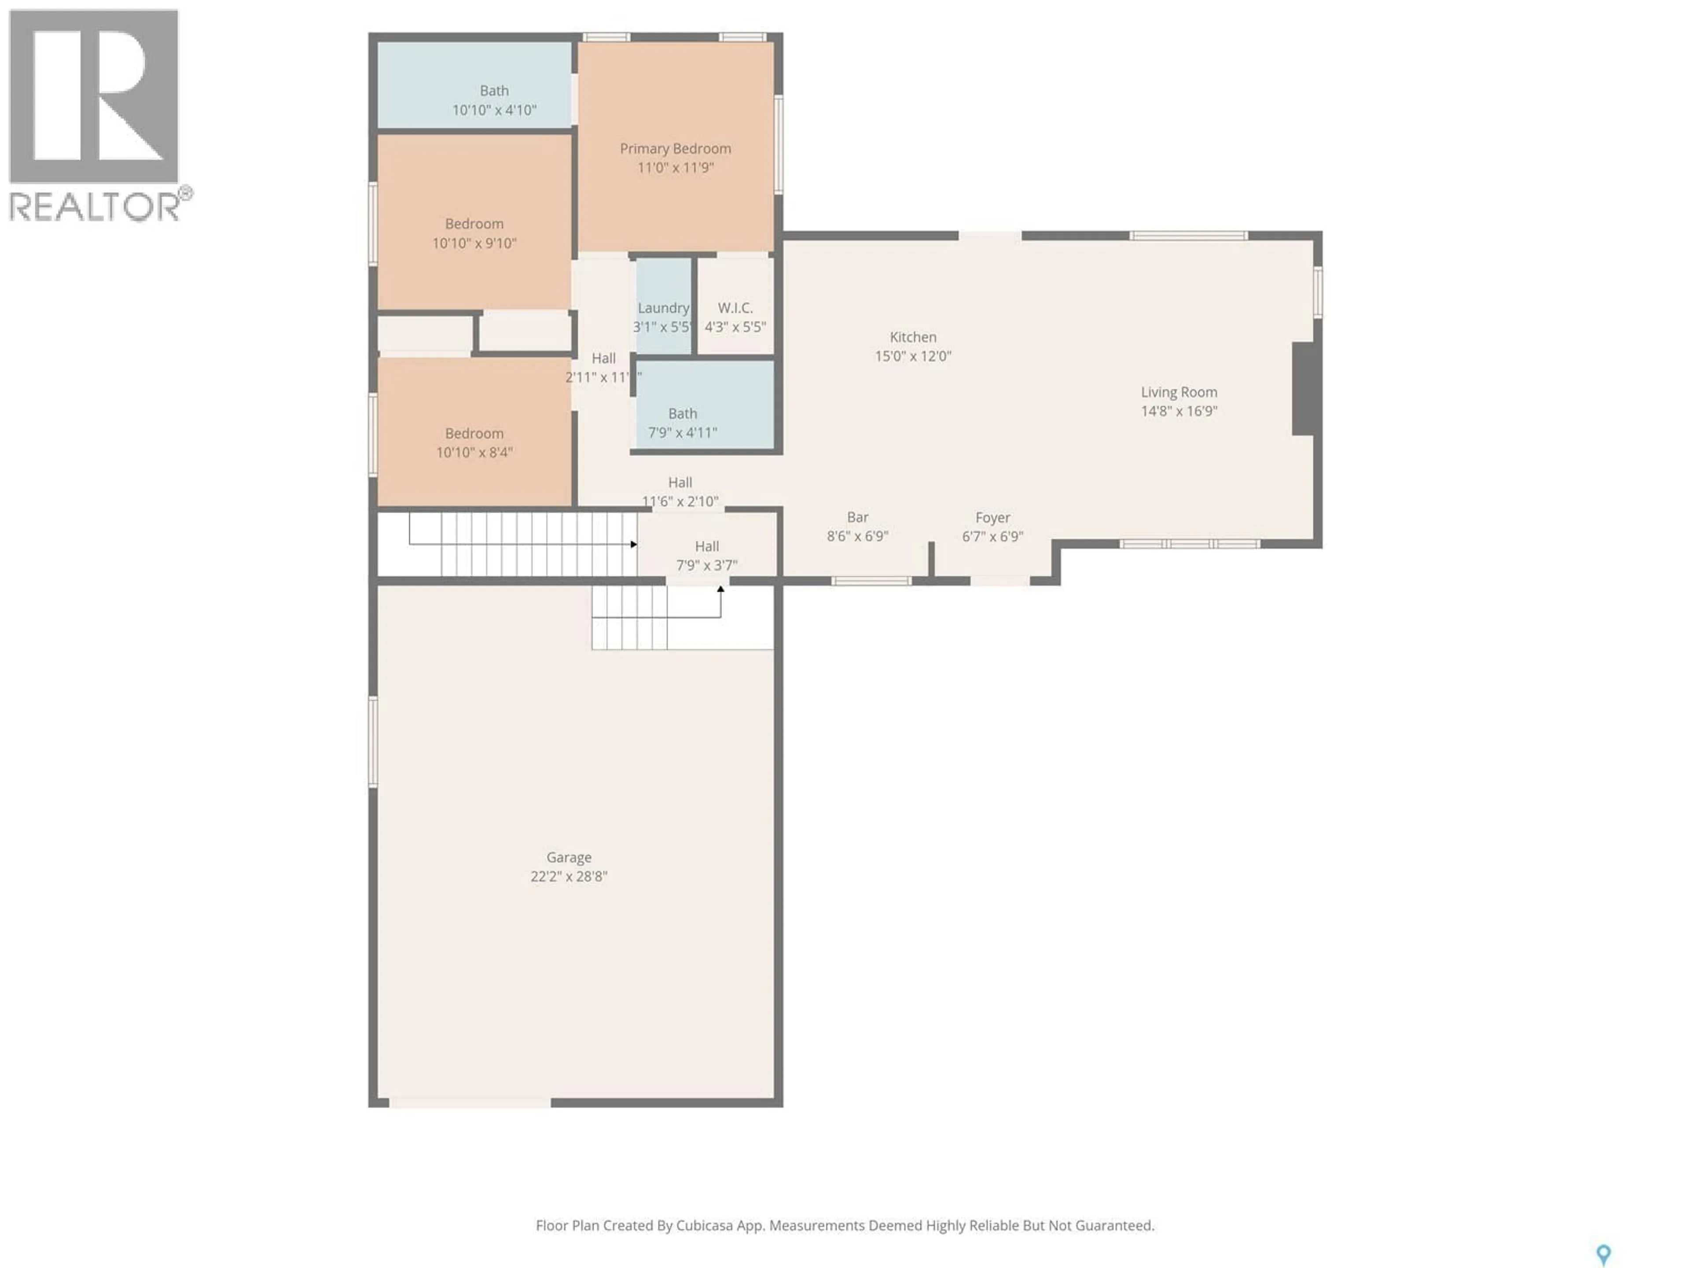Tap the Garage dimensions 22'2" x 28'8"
coord(569,877)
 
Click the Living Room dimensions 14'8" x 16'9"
coord(1179,411)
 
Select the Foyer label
coord(992,517)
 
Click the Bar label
coord(857,517)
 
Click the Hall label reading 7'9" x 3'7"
coord(707,546)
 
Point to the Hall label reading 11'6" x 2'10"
coord(680,482)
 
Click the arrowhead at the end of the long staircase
coord(633,544)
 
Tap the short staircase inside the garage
coord(629,618)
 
